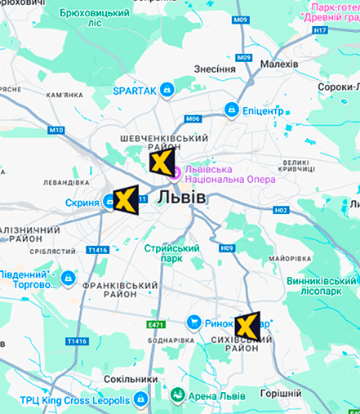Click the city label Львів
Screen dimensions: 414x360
click(x=181, y=198)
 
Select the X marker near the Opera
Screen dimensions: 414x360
click(x=162, y=161)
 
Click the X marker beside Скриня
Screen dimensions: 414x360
click(x=123, y=200)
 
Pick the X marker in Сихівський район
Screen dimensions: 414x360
click(x=247, y=326)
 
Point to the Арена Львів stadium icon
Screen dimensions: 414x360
click(x=176, y=396)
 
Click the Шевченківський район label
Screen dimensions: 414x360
click(x=163, y=139)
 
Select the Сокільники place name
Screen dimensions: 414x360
click(x=131, y=379)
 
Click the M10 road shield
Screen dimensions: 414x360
click(x=56, y=130)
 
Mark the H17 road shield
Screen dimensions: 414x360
click(x=320, y=30)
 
